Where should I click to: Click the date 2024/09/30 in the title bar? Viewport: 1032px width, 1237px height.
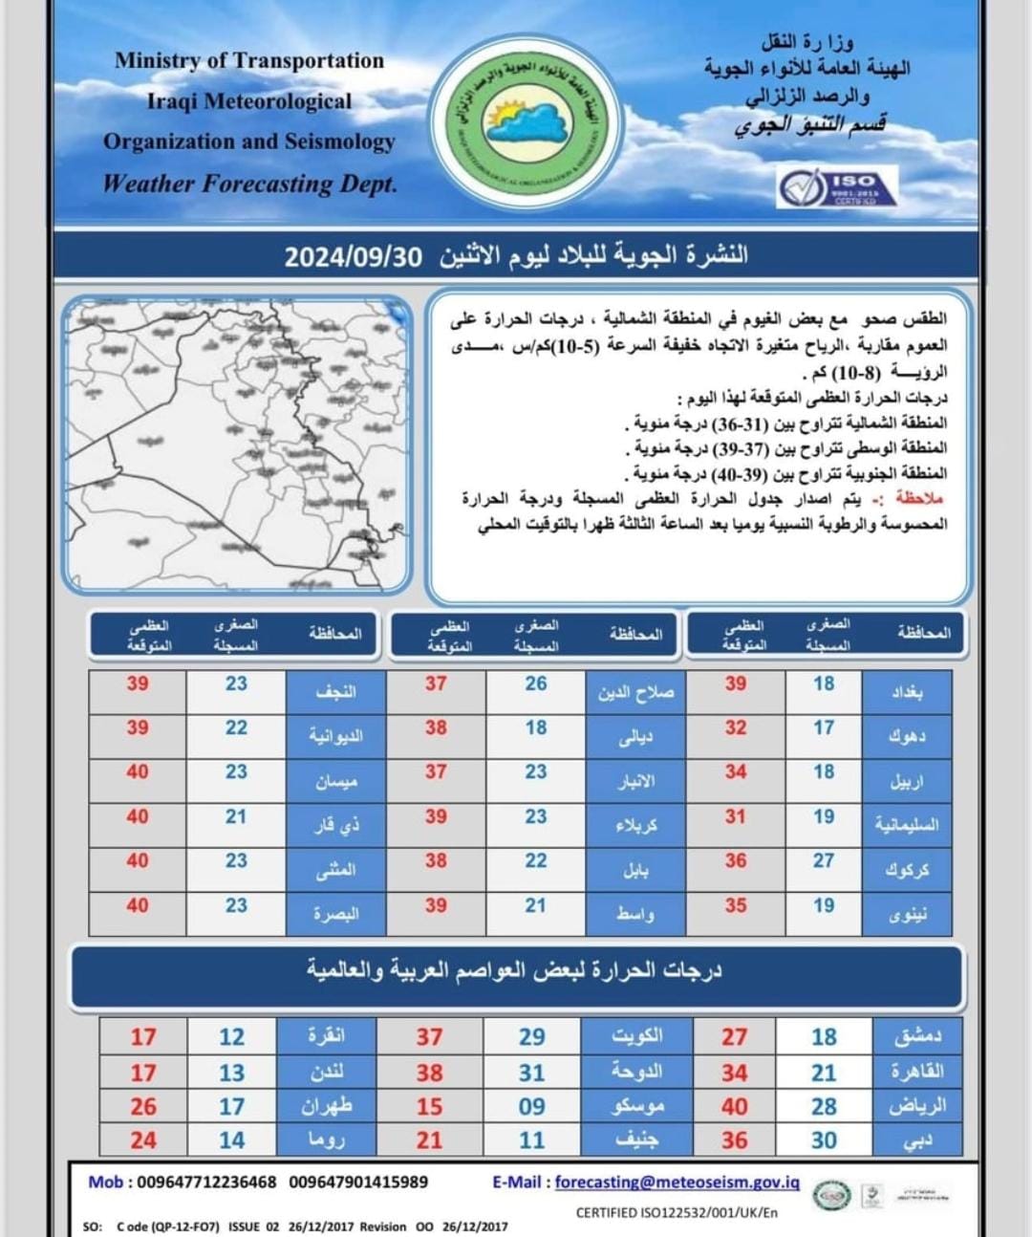coord(353,256)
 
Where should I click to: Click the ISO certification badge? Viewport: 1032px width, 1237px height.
coord(837,186)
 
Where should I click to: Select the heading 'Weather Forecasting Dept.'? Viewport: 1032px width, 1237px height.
coord(249,184)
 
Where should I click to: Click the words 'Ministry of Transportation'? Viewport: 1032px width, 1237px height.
coord(249,60)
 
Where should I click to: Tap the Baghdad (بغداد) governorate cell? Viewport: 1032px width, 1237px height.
coord(907,692)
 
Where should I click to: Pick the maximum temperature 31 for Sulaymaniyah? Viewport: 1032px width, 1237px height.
coord(735,817)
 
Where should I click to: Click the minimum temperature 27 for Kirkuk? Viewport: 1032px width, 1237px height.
coord(824,860)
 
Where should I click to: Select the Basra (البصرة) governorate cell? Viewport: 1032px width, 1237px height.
coord(335,914)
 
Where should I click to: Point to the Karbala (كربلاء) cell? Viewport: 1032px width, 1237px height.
coord(635,824)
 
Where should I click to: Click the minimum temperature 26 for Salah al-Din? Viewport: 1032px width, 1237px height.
coord(536,684)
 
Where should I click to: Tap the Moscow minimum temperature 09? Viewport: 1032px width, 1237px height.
coord(532,1107)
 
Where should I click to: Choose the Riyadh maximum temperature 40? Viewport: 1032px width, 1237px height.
coord(735,1107)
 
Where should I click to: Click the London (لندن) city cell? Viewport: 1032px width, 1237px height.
coord(327,1073)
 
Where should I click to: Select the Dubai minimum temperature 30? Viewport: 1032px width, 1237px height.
coord(824,1140)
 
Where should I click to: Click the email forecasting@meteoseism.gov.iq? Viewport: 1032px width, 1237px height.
coord(677,1183)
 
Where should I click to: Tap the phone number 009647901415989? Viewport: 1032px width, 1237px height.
coord(358,1183)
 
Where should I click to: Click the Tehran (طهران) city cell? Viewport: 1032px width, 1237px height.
coord(327,1107)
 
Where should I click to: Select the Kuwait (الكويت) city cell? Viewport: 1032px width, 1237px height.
coord(636,1036)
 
